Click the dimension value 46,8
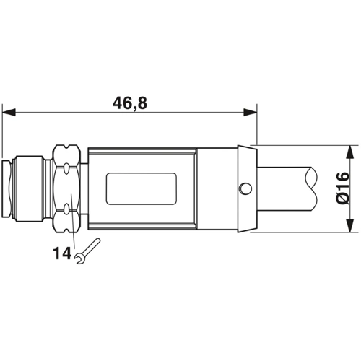[x=129, y=103]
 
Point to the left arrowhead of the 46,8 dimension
[x=9, y=112]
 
